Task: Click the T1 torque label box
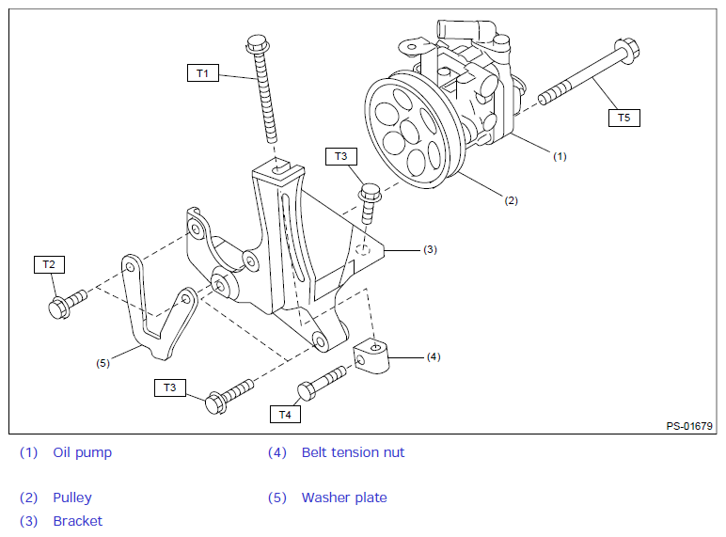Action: click(202, 72)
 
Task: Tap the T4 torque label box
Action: click(285, 413)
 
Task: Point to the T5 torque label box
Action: click(624, 118)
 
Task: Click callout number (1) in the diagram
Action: click(560, 156)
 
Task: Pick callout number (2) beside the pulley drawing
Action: click(511, 199)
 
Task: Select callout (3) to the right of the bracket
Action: click(430, 249)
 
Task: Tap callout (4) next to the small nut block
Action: click(433, 356)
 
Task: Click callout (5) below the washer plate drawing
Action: click(103, 362)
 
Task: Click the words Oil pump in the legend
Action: click(82, 452)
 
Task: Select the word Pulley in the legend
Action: click(72, 498)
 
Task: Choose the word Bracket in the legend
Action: click(77, 521)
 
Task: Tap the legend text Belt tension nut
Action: click(353, 452)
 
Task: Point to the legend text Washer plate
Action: click(344, 498)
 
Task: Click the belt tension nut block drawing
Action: click(373, 356)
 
